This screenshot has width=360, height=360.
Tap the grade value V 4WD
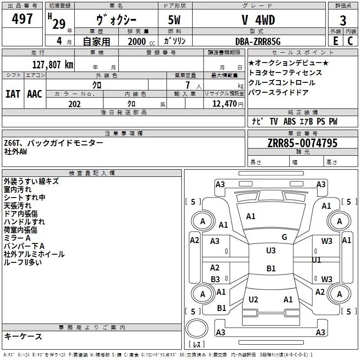pos(258,20)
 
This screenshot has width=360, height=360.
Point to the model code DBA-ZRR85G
pos(258,41)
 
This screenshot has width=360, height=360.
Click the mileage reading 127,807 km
pos(52,64)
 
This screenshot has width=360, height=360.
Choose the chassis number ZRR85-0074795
pos(302,143)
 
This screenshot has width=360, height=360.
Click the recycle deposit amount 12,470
pos(224,104)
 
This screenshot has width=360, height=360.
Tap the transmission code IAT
pos(13,94)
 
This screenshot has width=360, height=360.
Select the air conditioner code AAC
pos(34,94)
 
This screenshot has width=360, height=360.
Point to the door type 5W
pos(175,20)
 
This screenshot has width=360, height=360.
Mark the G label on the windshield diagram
pos(284,237)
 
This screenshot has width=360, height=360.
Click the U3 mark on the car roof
pos(271,251)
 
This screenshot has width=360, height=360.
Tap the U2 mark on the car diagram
pos(253,300)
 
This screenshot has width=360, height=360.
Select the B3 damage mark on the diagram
pos(216,279)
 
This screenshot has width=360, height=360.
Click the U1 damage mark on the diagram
pos(317,260)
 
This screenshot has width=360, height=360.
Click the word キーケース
pos(23,337)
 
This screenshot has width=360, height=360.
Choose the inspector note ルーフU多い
pos(22,262)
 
